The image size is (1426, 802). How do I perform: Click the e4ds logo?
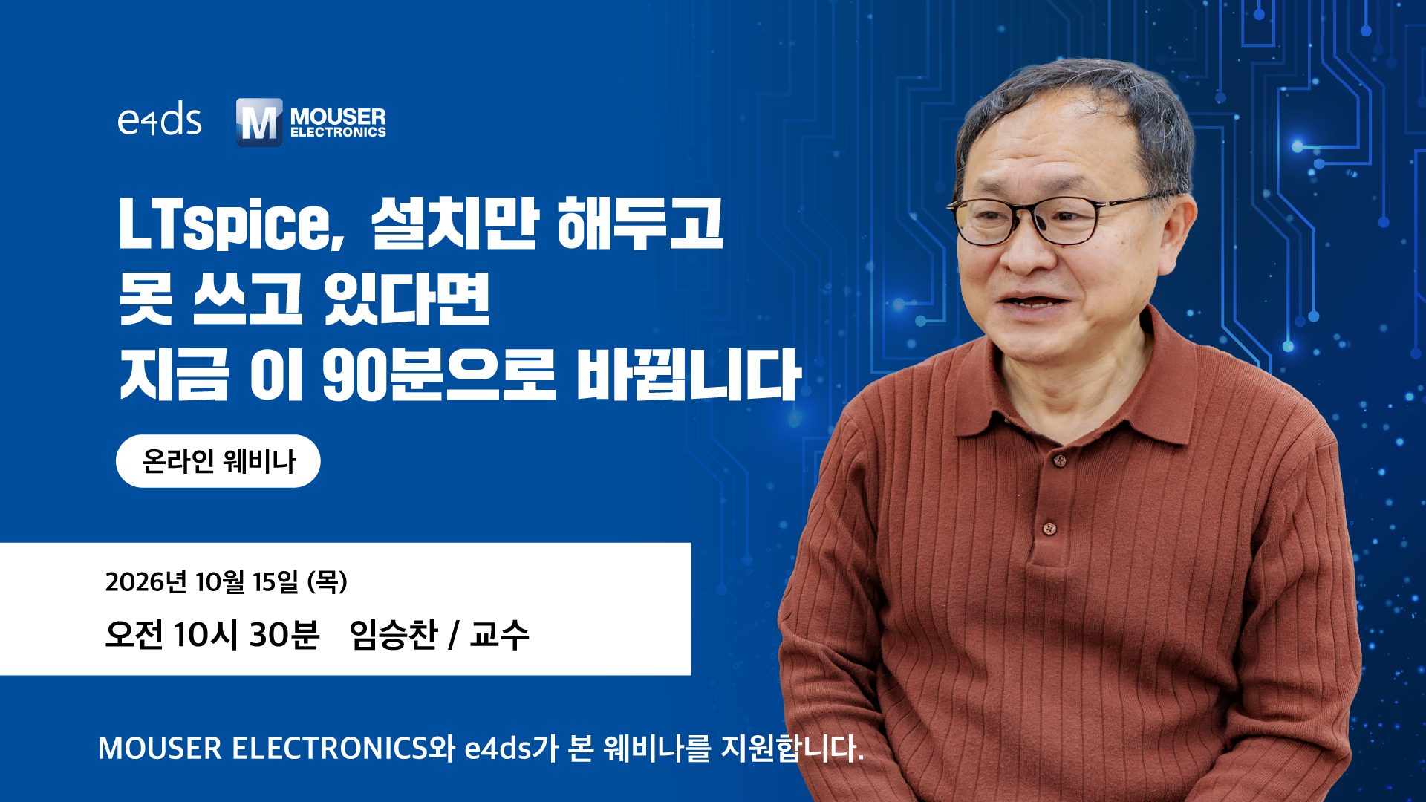tap(160, 120)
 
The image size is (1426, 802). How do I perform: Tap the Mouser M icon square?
tap(259, 122)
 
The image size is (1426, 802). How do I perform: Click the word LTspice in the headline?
tap(232, 224)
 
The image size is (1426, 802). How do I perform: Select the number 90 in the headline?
tap(354, 374)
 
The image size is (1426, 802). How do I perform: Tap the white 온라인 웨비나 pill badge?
tap(218, 461)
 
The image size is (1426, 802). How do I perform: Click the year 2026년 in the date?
tap(146, 582)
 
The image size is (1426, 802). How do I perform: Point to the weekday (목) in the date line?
tap(328, 582)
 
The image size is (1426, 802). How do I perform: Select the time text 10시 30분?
tap(247, 635)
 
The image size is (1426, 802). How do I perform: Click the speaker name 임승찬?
tap(394, 635)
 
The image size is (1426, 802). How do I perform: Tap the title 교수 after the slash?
tap(499, 635)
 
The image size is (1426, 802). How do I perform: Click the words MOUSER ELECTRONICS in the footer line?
tap(264, 749)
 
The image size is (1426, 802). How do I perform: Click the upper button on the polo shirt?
tap(1060, 461)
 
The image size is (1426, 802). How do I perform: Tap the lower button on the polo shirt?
tap(1049, 529)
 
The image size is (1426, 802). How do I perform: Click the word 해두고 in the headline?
tap(639, 224)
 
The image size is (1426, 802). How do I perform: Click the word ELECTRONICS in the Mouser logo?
tap(338, 132)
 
